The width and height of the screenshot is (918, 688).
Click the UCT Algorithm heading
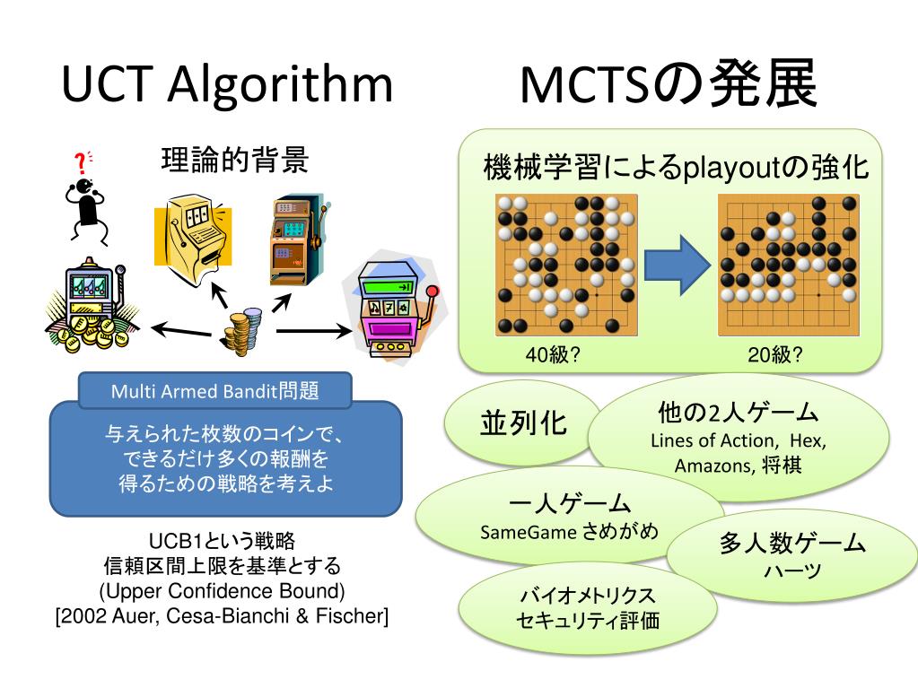(227, 85)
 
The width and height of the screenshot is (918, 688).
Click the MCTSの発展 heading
(668, 85)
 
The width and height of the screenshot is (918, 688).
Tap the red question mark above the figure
(81, 163)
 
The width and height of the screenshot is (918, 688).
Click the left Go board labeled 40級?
(565, 265)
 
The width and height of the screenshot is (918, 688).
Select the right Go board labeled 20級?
(788, 265)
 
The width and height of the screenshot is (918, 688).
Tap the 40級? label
(553, 354)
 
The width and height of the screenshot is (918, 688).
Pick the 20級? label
(775, 354)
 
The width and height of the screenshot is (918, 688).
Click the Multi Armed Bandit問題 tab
(214, 392)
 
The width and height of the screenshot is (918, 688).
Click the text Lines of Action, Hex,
(738, 440)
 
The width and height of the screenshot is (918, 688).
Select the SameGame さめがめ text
(569, 530)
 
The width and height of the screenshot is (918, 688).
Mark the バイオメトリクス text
(588, 596)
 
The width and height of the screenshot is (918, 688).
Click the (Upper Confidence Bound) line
(222, 591)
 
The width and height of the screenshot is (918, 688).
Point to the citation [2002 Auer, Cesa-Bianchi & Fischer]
(222, 616)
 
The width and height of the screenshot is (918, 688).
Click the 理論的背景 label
(235, 161)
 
